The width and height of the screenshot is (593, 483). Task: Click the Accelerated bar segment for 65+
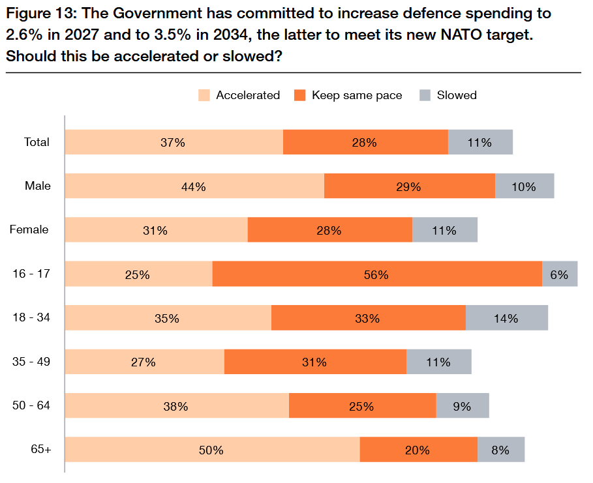click(213, 450)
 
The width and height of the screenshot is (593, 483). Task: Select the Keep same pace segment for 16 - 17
click(377, 274)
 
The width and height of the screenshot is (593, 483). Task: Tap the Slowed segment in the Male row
click(525, 186)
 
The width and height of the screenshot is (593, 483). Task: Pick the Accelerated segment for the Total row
click(174, 142)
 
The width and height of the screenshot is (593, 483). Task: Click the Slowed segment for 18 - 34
click(507, 318)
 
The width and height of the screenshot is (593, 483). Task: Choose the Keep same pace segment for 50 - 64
click(362, 406)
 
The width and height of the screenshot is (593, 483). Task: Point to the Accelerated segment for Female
click(157, 230)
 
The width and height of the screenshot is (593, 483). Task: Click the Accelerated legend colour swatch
click(204, 95)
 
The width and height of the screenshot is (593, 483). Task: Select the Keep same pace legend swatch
click(299, 95)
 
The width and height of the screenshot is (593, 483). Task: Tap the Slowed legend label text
click(457, 95)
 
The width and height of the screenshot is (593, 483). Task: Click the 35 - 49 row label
click(31, 361)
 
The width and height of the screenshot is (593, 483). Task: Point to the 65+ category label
click(40, 449)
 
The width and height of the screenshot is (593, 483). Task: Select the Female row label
click(29, 229)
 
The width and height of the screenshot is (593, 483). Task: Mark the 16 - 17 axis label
click(31, 274)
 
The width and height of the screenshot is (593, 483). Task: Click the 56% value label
click(376, 275)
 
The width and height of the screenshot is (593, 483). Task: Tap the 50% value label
click(212, 450)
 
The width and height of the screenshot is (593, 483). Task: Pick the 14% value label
click(506, 319)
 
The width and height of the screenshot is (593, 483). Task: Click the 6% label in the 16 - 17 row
click(559, 275)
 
